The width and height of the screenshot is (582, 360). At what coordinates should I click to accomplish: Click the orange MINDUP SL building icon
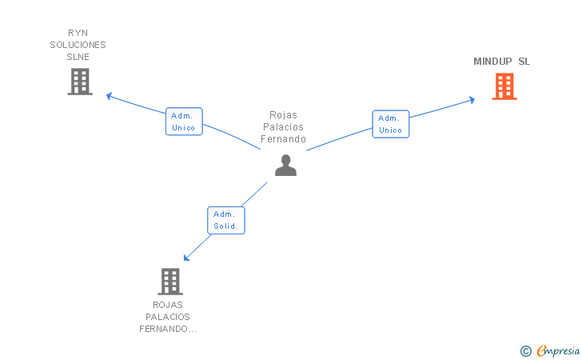click(504, 86)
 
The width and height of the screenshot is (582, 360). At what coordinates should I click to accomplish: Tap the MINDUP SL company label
click(501, 62)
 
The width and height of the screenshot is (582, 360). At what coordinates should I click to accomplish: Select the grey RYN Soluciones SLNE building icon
click(79, 82)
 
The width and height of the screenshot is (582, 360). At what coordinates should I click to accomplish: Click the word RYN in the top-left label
click(77, 33)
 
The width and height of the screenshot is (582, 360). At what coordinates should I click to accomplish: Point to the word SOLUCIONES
click(77, 45)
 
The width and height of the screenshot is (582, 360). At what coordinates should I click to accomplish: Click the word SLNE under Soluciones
click(78, 57)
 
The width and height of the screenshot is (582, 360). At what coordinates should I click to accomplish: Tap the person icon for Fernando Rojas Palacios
click(285, 165)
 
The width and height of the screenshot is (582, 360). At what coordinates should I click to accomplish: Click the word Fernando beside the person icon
click(284, 139)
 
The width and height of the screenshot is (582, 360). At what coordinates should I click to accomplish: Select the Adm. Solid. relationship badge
click(226, 220)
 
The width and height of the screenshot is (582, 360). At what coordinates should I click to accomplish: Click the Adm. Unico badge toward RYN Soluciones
click(184, 121)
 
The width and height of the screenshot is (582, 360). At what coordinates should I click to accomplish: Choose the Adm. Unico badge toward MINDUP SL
click(390, 124)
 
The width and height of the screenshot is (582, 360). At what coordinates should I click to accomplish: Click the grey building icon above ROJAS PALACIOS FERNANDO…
click(169, 282)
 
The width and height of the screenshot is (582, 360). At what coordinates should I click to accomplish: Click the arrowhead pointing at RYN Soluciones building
click(110, 96)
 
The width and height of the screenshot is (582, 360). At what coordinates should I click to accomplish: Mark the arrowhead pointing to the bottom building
click(186, 258)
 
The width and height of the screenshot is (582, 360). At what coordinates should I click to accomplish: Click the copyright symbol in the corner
click(525, 350)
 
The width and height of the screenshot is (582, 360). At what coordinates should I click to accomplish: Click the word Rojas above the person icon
click(284, 115)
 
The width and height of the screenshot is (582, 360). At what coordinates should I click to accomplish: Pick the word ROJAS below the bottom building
click(168, 305)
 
